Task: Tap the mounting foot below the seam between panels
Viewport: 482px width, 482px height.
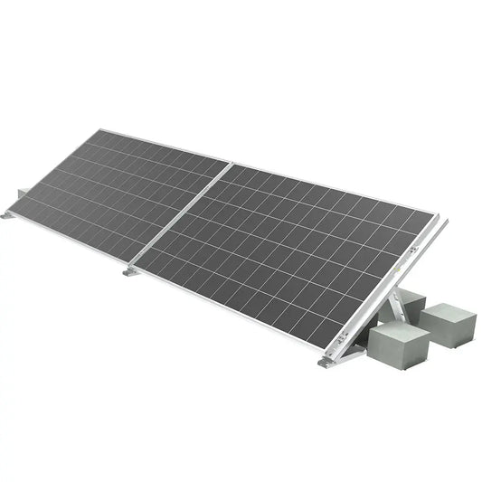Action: point(132,270)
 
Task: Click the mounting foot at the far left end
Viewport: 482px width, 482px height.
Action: point(8,214)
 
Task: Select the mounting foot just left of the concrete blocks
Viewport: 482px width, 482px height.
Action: point(326,362)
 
